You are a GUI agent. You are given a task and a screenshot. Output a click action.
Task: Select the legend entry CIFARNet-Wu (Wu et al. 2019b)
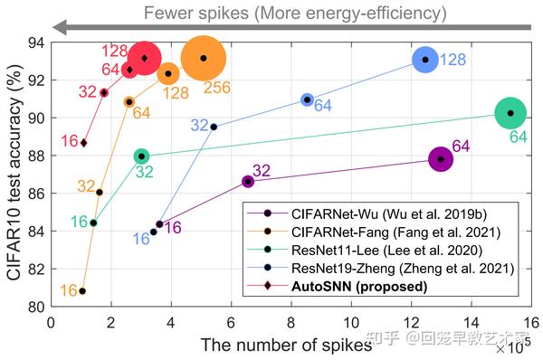(389, 213)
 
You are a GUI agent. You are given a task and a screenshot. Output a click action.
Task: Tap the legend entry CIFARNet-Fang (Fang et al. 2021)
(389, 232)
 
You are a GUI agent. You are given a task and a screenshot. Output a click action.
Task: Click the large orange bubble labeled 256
(203, 58)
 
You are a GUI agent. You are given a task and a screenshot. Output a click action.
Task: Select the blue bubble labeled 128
(425, 60)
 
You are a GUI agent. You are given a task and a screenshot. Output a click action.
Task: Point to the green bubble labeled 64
(510, 113)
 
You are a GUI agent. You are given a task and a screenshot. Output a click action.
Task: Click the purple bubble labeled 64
(441, 159)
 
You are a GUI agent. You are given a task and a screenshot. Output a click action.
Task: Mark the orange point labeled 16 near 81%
(82, 291)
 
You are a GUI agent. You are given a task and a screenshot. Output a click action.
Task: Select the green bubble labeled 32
(141, 156)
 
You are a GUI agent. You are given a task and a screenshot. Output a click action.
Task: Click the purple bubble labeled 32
(248, 182)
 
